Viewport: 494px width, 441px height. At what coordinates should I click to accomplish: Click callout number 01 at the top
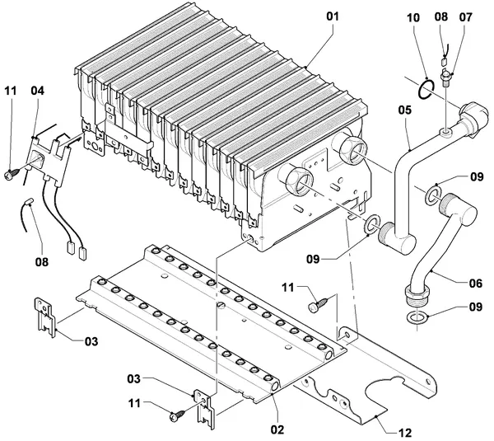coord(332,16)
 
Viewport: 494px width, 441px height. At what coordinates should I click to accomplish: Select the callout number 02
coord(277,429)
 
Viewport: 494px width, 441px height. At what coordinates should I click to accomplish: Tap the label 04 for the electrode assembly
coord(38,91)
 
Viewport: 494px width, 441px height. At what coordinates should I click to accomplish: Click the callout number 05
coord(405,110)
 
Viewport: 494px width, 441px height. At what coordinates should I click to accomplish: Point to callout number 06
coord(475,284)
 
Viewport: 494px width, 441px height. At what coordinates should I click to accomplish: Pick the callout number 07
coord(466,17)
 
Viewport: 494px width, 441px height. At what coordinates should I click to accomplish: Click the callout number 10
coord(413,17)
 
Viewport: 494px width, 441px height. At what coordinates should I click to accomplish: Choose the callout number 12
coord(405,432)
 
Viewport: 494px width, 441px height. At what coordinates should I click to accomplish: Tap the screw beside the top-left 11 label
coord(11,174)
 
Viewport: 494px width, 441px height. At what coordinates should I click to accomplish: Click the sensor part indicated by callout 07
coord(445,77)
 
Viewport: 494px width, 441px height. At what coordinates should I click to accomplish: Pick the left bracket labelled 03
coord(44,317)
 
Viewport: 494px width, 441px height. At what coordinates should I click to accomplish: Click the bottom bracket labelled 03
coord(204,410)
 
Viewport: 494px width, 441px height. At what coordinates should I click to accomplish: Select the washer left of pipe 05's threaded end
coord(372,225)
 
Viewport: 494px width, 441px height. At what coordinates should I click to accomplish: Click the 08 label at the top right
coord(441,16)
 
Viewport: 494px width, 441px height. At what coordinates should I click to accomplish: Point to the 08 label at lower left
coord(42,261)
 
